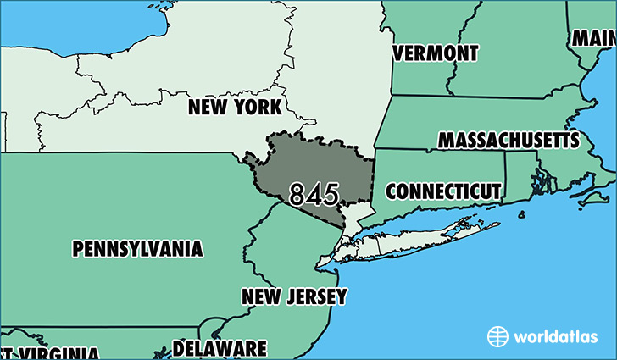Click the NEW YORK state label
[235, 108]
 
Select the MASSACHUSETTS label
[509, 140]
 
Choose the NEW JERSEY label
[294, 296]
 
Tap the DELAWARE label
[220, 348]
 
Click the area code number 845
[314, 194]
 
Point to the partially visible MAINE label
[593, 38]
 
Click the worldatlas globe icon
[497, 336]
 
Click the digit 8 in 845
[297, 194]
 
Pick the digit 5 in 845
[331, 194]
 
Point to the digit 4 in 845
[314, 194]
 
